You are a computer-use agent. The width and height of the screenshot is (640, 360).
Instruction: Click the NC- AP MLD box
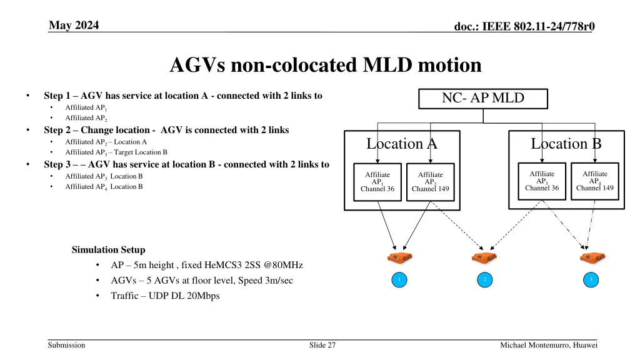coord(483,99)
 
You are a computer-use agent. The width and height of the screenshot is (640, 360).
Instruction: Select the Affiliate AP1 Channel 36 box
coord(377,182)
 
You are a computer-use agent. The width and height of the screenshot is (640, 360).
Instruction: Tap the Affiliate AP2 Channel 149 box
coord(431,182)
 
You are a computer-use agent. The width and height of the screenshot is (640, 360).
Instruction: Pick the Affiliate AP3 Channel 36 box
coord(542,181)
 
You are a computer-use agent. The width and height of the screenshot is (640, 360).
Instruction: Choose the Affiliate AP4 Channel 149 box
coord(595,181)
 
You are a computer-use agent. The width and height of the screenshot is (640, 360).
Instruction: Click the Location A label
coord(402,144)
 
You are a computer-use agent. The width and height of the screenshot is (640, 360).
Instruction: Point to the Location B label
coord(566,144)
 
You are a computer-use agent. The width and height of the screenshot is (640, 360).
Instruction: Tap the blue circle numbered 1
coord(399,279)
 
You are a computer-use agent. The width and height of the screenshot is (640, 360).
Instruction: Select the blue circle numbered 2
coord(485,279)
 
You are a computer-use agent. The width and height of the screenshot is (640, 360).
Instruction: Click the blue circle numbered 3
coord(591,279)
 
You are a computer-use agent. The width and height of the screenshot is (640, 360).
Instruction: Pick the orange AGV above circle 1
coord(400,257)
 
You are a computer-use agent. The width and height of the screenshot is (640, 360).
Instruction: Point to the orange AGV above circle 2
coord(484,257)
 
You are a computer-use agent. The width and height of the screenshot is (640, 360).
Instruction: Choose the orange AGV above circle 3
coord(592,257)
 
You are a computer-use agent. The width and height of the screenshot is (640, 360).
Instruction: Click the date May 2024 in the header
coord(74,25)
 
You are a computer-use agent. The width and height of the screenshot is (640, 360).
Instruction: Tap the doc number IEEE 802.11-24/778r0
coord(524,26)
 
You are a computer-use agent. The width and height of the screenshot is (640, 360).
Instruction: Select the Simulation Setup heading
coord(109,250)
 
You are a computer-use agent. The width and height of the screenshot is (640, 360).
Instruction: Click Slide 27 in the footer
coord(322,345)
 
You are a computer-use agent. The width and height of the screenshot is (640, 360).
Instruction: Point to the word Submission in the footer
coord(66,345)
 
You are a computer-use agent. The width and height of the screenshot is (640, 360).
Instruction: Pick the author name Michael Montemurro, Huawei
coord(549,345)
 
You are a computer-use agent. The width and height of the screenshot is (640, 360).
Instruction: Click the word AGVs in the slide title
coord(197,65)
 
